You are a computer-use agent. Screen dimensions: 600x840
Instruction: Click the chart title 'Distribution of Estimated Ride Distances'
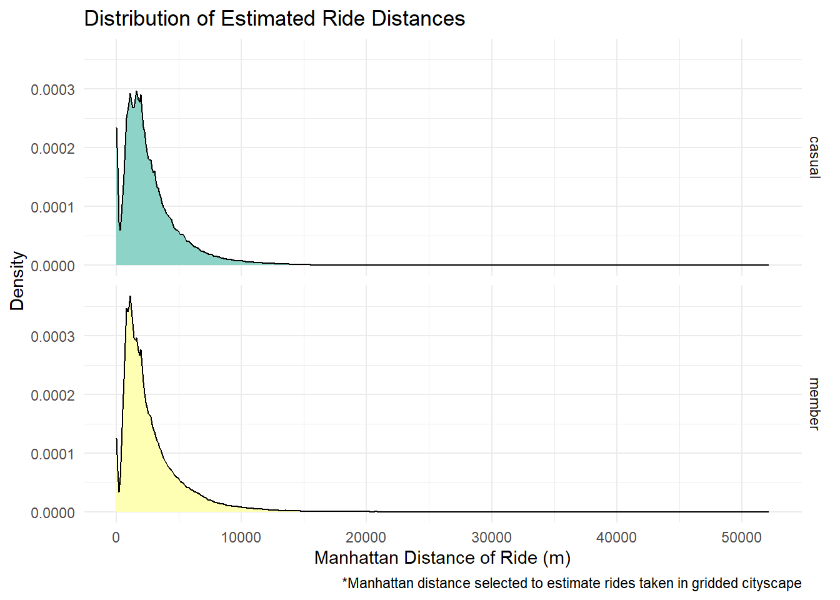pyautogui.click(x=274, y=19)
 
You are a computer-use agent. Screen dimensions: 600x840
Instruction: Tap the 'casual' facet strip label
pyautogui.click(x=814, y=157)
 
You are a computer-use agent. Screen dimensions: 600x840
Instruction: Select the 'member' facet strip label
pyautogui.click(x=814, y=403)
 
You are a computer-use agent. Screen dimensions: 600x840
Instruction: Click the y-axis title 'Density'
pyautogui.click(x=17, y=281)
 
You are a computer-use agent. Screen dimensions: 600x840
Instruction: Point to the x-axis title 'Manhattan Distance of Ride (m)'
pyautogui.click(x=442, y=557)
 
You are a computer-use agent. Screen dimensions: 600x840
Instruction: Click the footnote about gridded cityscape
pyautogui.click(x=571, y=583)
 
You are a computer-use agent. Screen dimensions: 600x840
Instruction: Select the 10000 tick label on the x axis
pyautogui.click(x=241, y=537)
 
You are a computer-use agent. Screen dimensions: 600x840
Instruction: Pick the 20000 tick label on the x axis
pyautogui.click(x=366, y=537)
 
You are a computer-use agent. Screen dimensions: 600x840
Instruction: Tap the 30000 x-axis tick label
pyautogui.click(x=491, y=537)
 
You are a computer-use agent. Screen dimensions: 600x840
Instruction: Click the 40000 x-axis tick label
pyautogui.click(x=616, y=537)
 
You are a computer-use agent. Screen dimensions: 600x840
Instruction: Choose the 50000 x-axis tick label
pyautogui.click(x=741, y=537)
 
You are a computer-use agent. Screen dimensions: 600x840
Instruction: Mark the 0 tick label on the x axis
pyautogui.click(x=116, y=537)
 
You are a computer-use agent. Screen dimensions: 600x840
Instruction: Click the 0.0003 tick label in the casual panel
pyautogui.click(x=52, y=90)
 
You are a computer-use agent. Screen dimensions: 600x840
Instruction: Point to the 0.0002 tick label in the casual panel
pyautogui.click(x=52, y=149)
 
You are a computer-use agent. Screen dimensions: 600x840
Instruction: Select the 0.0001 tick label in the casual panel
pyautogui.click(x=52, y=207)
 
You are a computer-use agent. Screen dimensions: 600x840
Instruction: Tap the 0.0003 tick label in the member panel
pyautogui.click(x=52, y=337)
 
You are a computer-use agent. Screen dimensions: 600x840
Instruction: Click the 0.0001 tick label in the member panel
pyautogui.click(x=52, y=454)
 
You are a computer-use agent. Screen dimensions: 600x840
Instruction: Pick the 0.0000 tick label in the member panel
pyautogui.click(x=52, y=513)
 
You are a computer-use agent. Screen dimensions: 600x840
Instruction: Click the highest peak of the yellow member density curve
pyautogui.click(x=130, y=297)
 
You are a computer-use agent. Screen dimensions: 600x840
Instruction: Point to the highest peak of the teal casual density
pyautogui.click(x=136, y=92)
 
